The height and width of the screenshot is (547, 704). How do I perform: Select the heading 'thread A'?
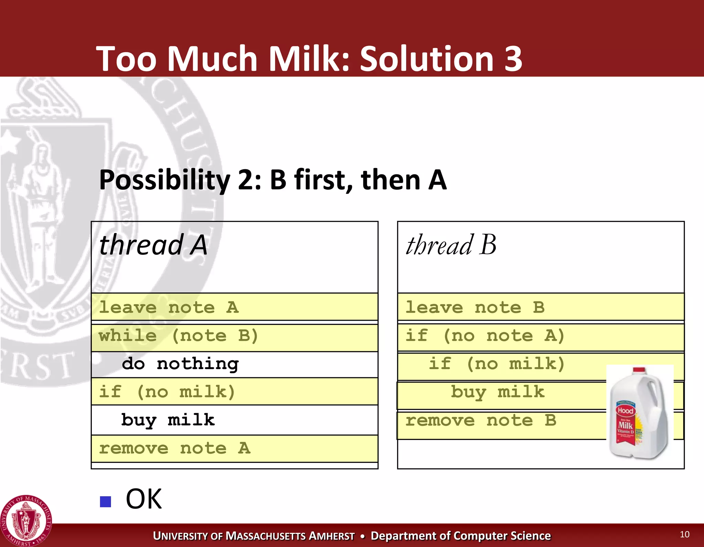[x=153, y=245]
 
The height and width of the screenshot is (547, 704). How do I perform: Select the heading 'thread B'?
[x=451, y=245]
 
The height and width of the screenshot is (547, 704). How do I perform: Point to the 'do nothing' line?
[x=180, y=364]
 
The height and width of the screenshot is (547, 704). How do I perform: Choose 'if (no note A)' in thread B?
[x=485, y=335]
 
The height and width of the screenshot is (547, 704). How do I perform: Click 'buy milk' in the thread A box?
[x=168, y=420]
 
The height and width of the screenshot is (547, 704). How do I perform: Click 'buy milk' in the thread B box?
[x=497, y=392]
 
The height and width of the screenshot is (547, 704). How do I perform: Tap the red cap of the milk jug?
[x=639, y=370]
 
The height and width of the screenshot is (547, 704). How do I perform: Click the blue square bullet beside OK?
[x=106, y=502]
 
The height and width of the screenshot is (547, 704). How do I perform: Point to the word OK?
[x=144, y=499]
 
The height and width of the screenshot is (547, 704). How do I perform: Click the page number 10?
[x=684, y=534]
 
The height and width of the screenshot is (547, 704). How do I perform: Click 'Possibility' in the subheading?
[x=164, y=180]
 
